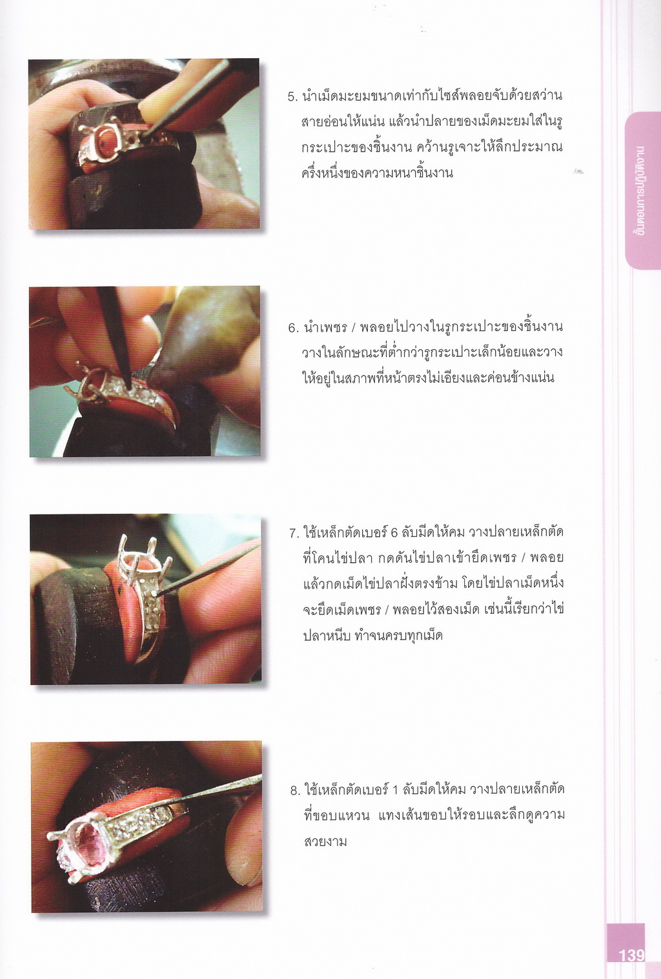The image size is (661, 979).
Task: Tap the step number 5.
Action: [x=292, y=97]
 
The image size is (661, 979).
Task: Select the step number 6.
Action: [x=292, y=328]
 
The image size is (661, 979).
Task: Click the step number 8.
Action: [x=294, y=791]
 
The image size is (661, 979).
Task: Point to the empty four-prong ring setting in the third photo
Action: [x=138, y=562]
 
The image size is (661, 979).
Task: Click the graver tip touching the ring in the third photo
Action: [x=156, y=592]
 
